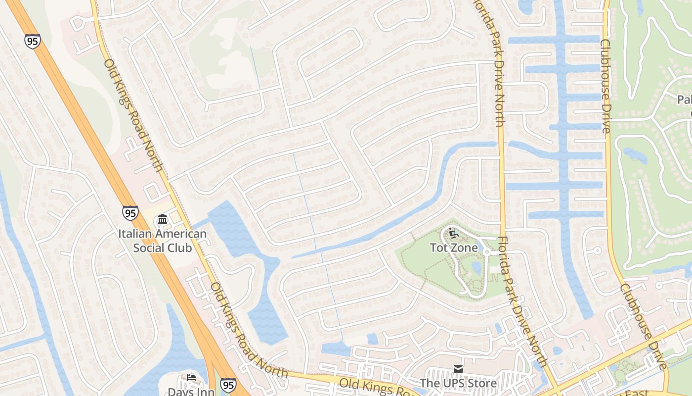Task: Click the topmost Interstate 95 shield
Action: (32, 41)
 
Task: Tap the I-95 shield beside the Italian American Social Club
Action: (130, 213)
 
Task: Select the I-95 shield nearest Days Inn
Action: (228, 385)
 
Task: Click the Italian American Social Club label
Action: (163, 240)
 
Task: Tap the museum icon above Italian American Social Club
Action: (162, 219)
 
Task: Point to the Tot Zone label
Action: (454, 247)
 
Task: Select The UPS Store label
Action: (458, 383)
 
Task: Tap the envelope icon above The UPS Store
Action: (458, 369)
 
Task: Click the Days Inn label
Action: (191, 392)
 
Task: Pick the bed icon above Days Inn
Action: (191, 378)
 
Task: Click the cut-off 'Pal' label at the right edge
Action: (684, 100)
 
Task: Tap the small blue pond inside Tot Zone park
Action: (476, 268)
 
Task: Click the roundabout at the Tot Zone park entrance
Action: (486, 252)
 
